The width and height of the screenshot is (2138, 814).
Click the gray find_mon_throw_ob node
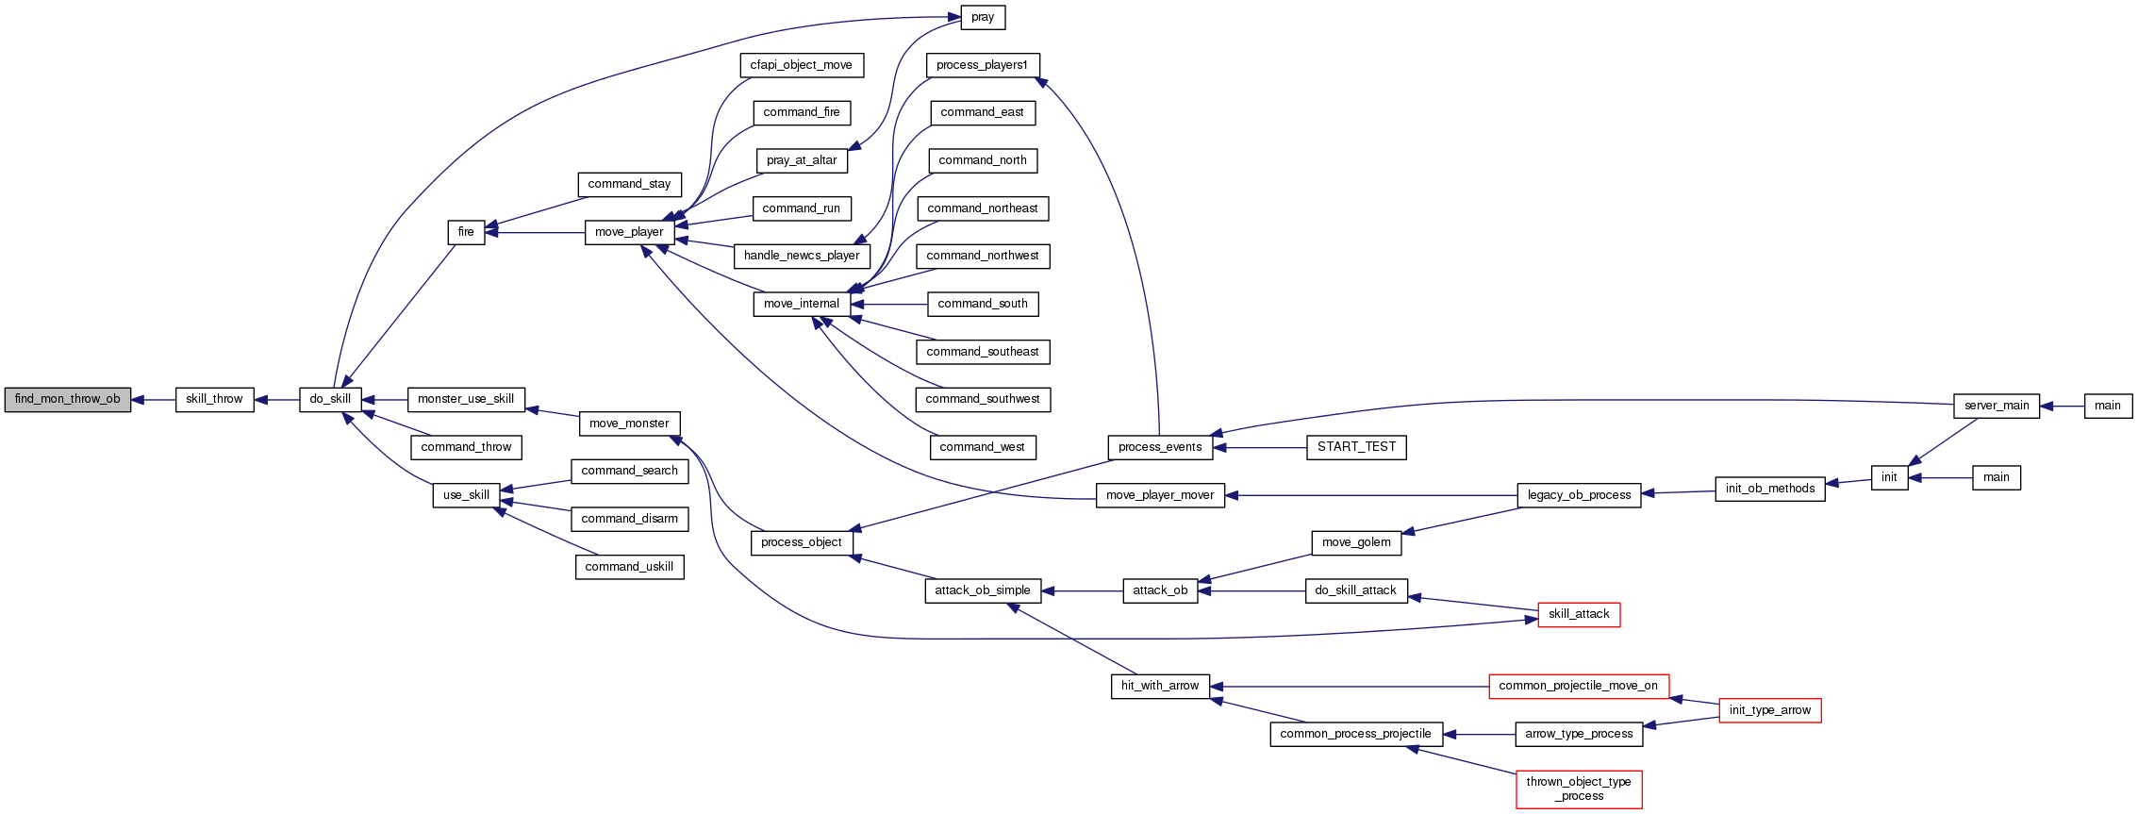(x=68, y=399)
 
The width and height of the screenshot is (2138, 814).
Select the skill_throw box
(x=214, y=399)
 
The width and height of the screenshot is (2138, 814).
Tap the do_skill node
(x=330, y=399)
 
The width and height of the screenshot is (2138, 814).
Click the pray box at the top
(x=982, y=17)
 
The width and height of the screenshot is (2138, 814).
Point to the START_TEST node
(x=1356, y=447)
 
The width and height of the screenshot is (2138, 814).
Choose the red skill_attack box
(x=1579, y=614)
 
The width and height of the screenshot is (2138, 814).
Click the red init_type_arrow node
(x=1769, y=710)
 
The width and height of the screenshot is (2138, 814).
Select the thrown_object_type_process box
(x=1579, y=789)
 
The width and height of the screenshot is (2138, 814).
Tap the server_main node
(x=1997, y=406)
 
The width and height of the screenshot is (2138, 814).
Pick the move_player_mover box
(x=1160, y=495)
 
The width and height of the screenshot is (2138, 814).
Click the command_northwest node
(x=982, y=256)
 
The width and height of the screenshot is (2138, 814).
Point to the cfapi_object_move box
(x=801, y=65)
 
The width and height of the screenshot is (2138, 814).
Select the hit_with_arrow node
(x=1160, y=686)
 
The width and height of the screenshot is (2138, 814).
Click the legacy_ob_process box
(x=1579, y=495)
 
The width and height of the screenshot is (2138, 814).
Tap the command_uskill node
(x=629, y=567)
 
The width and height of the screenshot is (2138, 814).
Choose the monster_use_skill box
(x=466, y=399)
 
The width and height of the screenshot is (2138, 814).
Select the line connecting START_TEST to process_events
(x=1260, y=448)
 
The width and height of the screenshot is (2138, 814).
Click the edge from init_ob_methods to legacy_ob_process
(x=1679, y=491)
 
